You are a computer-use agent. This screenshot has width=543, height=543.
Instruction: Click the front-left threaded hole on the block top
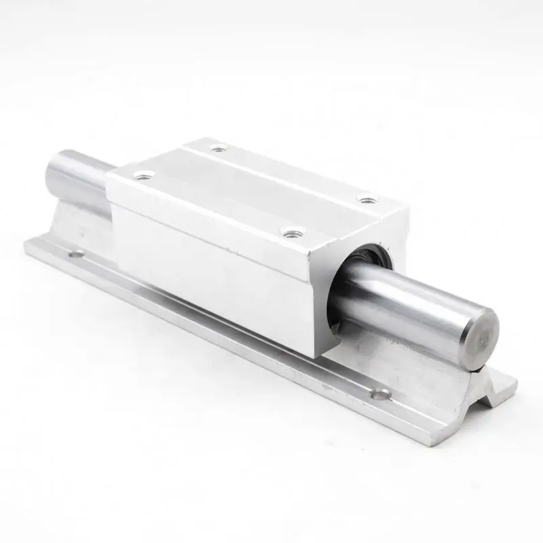143,176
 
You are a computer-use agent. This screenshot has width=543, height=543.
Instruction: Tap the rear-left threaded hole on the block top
217,148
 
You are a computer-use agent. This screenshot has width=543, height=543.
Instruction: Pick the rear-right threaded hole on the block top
367,200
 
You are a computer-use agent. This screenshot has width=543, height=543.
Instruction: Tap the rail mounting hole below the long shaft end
381,393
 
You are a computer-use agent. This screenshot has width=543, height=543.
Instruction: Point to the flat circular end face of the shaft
479,331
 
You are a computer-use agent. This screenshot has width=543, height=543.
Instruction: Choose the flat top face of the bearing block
258,187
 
